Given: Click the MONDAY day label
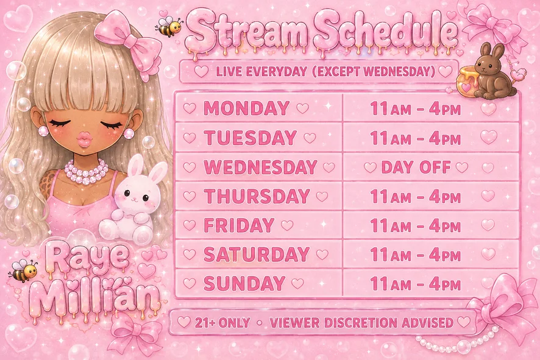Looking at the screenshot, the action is pyautogui.click(x=246, y=108).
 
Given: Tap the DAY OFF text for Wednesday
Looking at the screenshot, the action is pyautogui.click(x=416, y=168).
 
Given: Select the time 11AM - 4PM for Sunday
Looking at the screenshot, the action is pyautogui.click(x=415, y=284).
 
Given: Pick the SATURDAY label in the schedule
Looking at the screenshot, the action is pyautogui.click(x=256, y=255).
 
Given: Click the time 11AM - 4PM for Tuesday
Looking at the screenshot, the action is pyautogui.click(x=415, y=138).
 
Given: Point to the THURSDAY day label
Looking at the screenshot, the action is pyautogui.click(x=257, y=196).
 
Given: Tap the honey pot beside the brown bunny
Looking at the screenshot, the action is pyautogui.click(x=467, y=83).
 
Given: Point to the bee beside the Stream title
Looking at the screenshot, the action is pyautogui.click(x=169, y=26).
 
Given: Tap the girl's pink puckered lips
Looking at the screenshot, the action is pyautogui.click(x=84, y=139).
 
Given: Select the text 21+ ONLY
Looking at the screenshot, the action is pyautogui.click(x=222, y=323).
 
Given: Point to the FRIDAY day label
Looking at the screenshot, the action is pyautogui.click(x=239, y=225).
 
